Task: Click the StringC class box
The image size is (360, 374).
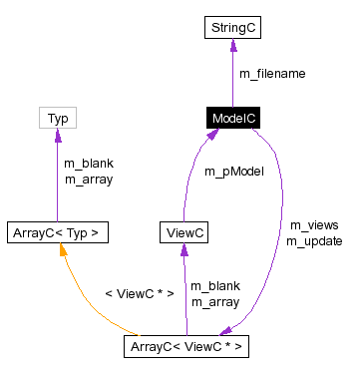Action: (232, 27)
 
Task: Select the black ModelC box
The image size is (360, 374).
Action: (233, 119)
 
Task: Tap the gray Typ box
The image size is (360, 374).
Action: (57, 119)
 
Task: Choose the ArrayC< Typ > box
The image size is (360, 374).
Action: (57, 233)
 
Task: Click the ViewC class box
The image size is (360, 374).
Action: (184, 233)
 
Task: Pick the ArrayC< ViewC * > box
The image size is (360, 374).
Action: (185, 347)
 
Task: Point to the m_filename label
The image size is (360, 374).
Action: (272, 73)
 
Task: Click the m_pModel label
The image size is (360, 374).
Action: (233, 172)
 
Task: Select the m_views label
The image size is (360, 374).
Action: (307, 225)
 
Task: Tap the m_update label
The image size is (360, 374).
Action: (313, 240)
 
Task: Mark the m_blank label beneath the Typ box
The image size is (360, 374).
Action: (86, 164)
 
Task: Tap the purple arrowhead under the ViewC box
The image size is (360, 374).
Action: (184, 251)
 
